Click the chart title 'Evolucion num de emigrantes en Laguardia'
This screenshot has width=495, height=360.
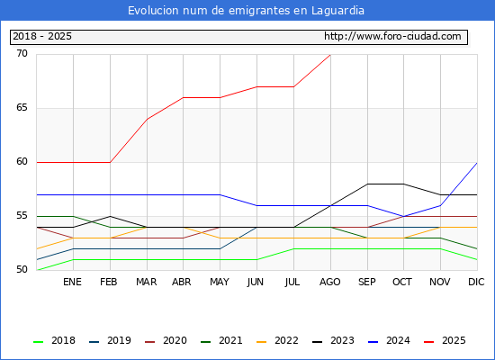coord(246,11)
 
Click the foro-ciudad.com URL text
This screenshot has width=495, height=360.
coord(392,36)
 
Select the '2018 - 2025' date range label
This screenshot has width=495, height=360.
coord(42,36)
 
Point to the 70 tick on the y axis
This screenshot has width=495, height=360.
coord(22,54)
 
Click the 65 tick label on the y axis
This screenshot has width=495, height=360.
coord(22,108)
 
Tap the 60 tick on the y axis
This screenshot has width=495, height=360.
coord(22,162)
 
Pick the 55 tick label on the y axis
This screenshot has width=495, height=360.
coord(22,216)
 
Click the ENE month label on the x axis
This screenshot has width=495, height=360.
coord(72,282)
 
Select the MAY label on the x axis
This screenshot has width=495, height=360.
coord(220,282)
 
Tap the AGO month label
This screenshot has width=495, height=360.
coord(330,282)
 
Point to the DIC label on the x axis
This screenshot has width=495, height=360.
coord(476,282)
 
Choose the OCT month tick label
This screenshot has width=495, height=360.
coord(402,282)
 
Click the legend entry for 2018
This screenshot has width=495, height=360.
coord(54,340)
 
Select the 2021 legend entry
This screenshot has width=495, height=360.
coord(221,340)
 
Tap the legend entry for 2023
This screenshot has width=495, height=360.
coord(333,340)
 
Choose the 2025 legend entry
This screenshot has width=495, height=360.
coord(445,340)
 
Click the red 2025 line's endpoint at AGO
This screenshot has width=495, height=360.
coord(330,55)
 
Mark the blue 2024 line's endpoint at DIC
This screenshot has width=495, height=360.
coord(477,163)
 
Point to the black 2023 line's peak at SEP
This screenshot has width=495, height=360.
coord(367,184)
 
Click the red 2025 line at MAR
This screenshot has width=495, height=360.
coord(147,120)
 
